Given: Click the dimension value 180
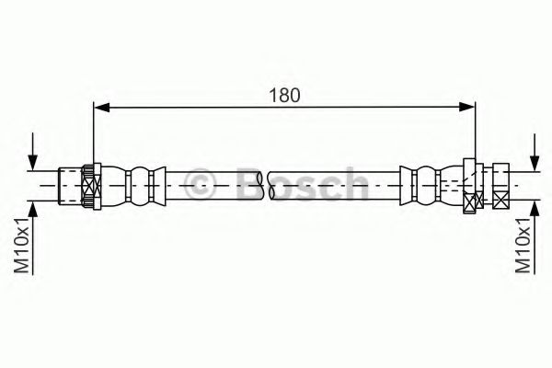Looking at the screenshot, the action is tap(284, 95).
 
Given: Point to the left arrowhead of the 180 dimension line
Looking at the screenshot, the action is tap(102, 107).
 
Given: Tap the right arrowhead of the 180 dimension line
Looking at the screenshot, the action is tap(466, 107).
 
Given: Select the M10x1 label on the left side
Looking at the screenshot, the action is tap(21, 245).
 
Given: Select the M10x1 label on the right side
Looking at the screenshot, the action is tap(523, 245).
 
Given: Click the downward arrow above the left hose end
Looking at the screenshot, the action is tap(33, 152).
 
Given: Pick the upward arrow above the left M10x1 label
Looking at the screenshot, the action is tap(33, 238).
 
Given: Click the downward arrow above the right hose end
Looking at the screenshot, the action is tap(535, 153).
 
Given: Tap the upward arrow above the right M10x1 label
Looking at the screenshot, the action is tap(535, 238).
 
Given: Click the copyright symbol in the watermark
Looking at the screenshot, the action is tap(200, 183).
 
